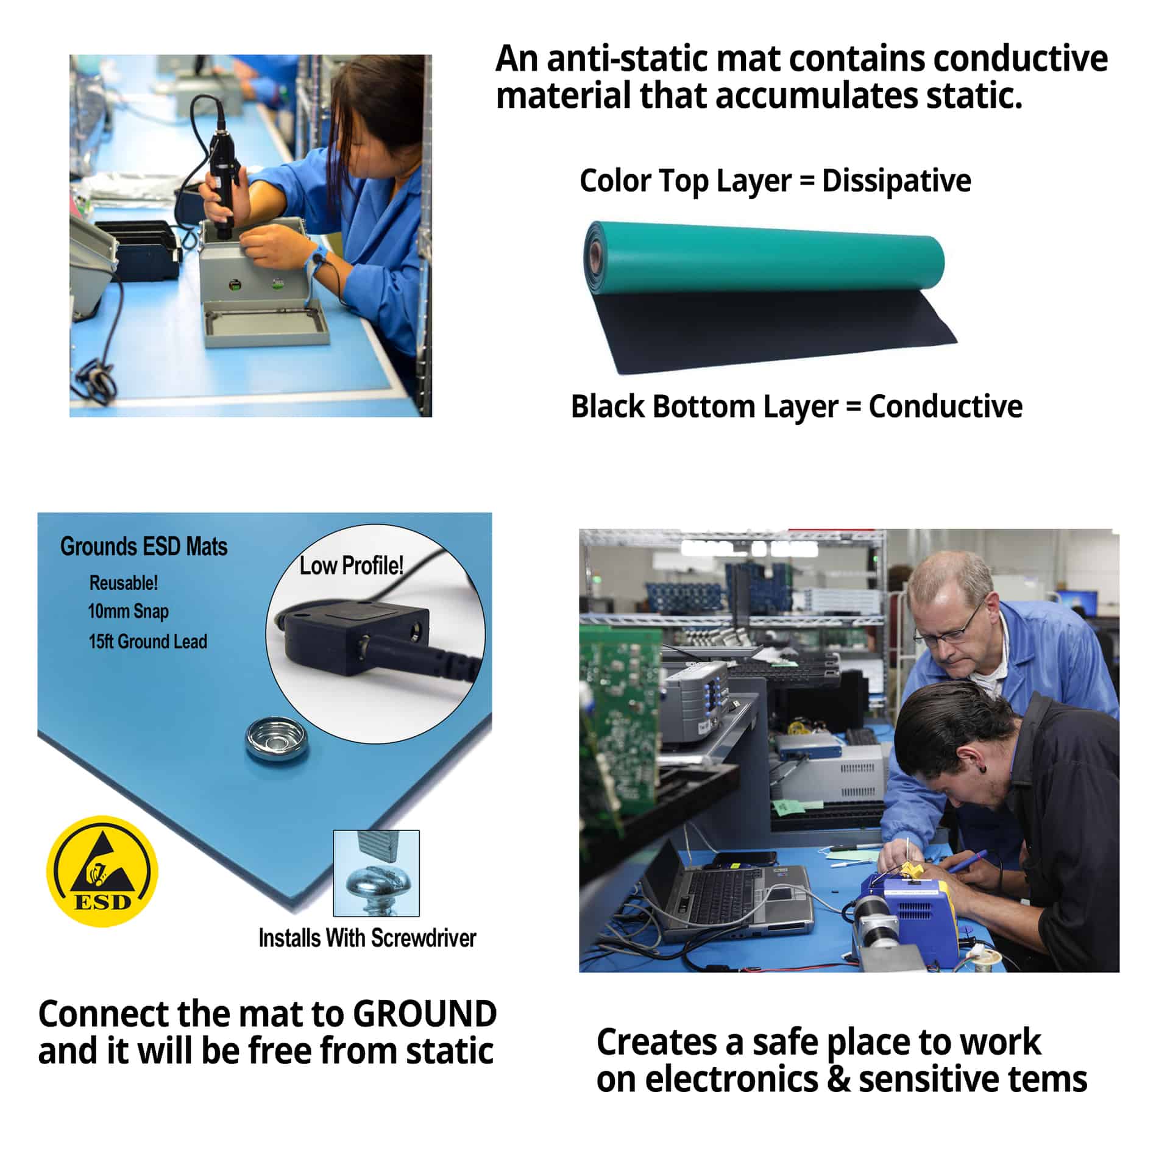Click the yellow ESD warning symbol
(102, 871)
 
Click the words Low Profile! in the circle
(351, 565)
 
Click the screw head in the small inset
(376, 880)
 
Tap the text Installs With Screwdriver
(367, 938)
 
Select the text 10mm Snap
(128, 611)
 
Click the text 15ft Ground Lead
(147, 642)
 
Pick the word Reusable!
(124, 583)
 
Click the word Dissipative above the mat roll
(896, 181)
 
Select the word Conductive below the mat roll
(945, 406)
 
